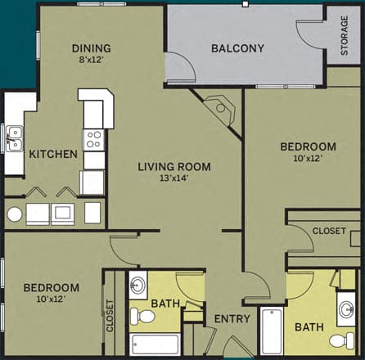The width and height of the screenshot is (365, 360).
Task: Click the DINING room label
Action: point(91,47)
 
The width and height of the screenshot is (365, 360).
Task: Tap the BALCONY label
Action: point(237,48)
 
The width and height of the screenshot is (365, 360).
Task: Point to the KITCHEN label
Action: point(53,154)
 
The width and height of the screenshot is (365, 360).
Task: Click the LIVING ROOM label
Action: point(173,167)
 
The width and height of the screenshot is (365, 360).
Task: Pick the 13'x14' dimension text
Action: point(173,179)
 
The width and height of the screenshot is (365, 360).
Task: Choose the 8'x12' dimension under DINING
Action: point(91,59)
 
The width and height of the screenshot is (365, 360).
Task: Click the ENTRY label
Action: point(231,318)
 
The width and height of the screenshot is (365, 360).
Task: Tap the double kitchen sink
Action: point(13,140)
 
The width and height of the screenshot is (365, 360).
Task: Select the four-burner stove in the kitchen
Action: point(94,139)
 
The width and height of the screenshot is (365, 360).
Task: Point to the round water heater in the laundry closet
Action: point(14,214)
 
